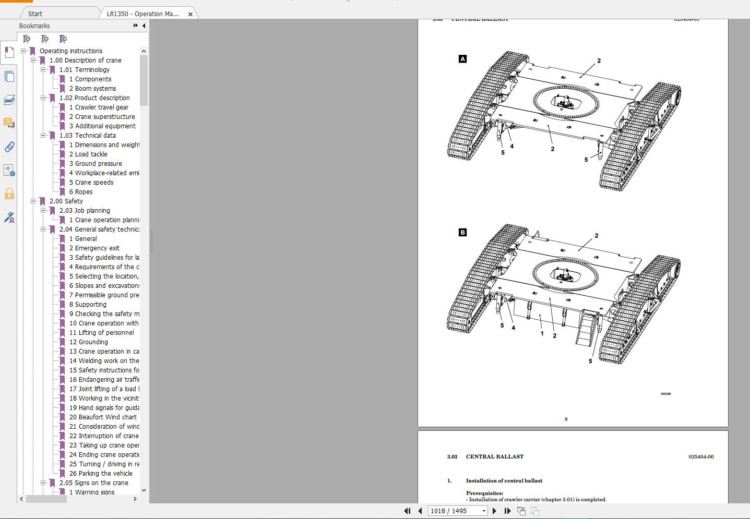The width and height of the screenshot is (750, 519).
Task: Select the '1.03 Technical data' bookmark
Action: tap(87, 136)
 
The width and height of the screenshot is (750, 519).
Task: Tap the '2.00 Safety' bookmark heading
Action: tap(66, 201)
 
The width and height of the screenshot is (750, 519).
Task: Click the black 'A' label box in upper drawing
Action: tap(462, 59)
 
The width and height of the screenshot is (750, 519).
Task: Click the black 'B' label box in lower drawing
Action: tap(462, 233)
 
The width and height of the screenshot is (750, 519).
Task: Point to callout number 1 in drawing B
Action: tap(542, 333)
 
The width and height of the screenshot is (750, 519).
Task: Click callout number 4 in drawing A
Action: tap(511, 147)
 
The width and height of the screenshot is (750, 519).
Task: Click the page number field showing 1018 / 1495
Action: tap(453, 511)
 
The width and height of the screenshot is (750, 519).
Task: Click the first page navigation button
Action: tap(407, 511)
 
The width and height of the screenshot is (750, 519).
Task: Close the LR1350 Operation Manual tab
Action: tap(191, 14)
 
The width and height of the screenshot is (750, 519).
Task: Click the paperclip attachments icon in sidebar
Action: tap(9, 147)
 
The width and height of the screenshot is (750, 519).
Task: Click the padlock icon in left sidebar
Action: tap(9, 194)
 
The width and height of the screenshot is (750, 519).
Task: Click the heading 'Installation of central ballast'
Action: tap(504, 481)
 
